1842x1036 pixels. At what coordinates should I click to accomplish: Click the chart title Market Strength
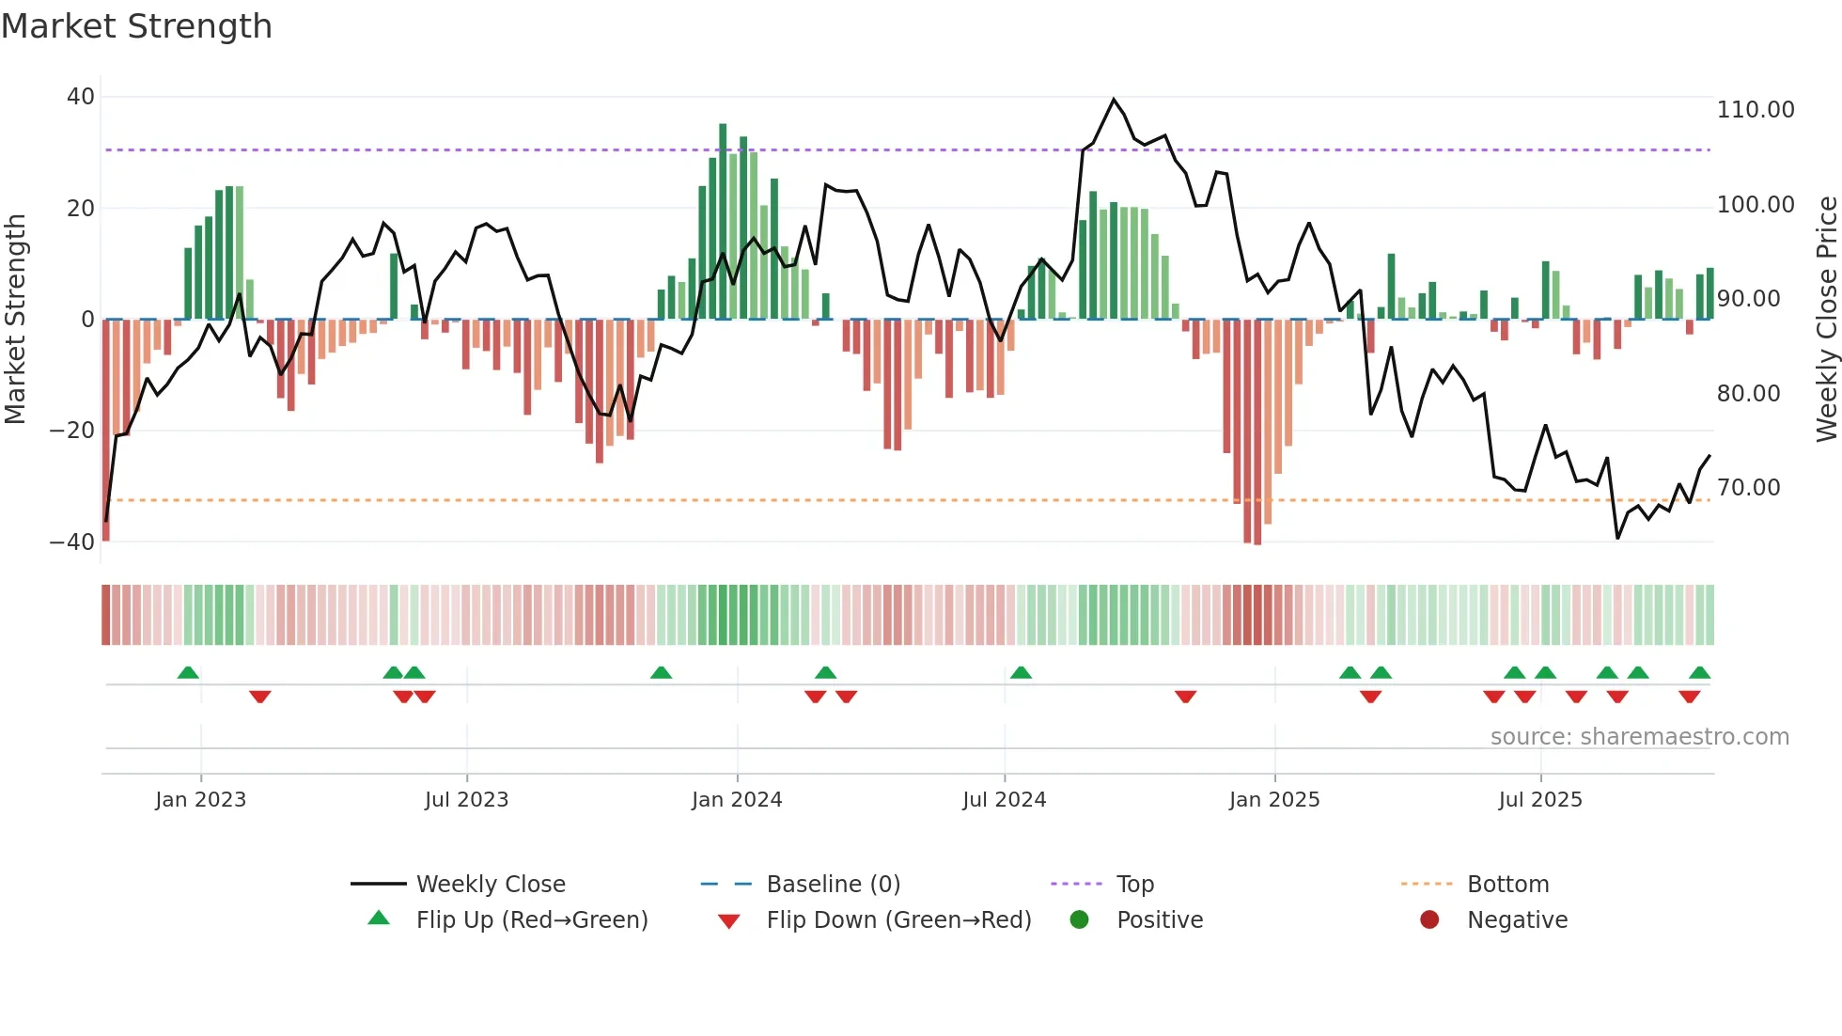tap(136, 26)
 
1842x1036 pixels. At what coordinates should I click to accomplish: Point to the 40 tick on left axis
tap(81, 97)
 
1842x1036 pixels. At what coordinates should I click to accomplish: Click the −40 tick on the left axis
tap(72, 542)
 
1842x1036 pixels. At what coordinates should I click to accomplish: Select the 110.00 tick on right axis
tap(1755, 110)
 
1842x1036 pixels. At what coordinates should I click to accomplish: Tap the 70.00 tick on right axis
tap(1748, 488)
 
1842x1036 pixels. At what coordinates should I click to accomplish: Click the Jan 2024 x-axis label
tap(737, 800)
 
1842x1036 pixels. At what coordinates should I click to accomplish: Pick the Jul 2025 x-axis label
tap(1539, 800)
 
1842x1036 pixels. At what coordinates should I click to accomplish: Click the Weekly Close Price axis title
tap(1826, 319)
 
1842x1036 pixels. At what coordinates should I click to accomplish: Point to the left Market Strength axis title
tap(15, 319)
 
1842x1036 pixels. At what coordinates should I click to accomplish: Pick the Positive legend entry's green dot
tap(1079, 920)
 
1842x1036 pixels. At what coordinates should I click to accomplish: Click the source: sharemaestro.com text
tap(1639, 737)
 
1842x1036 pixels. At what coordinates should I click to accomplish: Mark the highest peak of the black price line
tap(1114, 100)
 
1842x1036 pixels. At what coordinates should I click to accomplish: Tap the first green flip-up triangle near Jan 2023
tap(188, 673)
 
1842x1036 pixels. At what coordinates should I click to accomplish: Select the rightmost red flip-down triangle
tap(1689, 697)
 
